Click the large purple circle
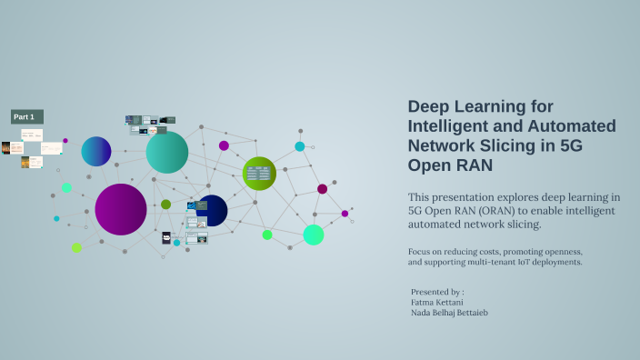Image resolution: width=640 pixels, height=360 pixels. tap(121, 209)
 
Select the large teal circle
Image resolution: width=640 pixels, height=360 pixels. tap(167, 153)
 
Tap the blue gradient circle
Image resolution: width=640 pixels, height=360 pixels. tap(96, 151)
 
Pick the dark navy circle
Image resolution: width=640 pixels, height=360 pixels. tap(212, 210)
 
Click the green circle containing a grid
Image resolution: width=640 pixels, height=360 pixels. tap(259, 173)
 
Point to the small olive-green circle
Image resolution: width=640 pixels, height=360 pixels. tap(165, 205)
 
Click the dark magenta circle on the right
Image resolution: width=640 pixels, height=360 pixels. tap(322, 189)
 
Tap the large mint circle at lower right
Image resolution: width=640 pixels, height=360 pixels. tap(314, 235)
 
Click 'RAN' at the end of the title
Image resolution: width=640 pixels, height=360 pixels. tap(473, 166)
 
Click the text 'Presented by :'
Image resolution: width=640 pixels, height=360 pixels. tap(437, 292)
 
